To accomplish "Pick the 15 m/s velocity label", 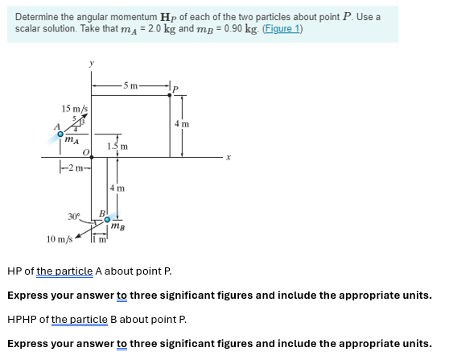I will (x=75, y=108).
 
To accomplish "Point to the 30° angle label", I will (x=74, y=215).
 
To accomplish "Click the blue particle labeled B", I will (x=107, y=217).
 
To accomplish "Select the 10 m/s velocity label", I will (x=60, y=239).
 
